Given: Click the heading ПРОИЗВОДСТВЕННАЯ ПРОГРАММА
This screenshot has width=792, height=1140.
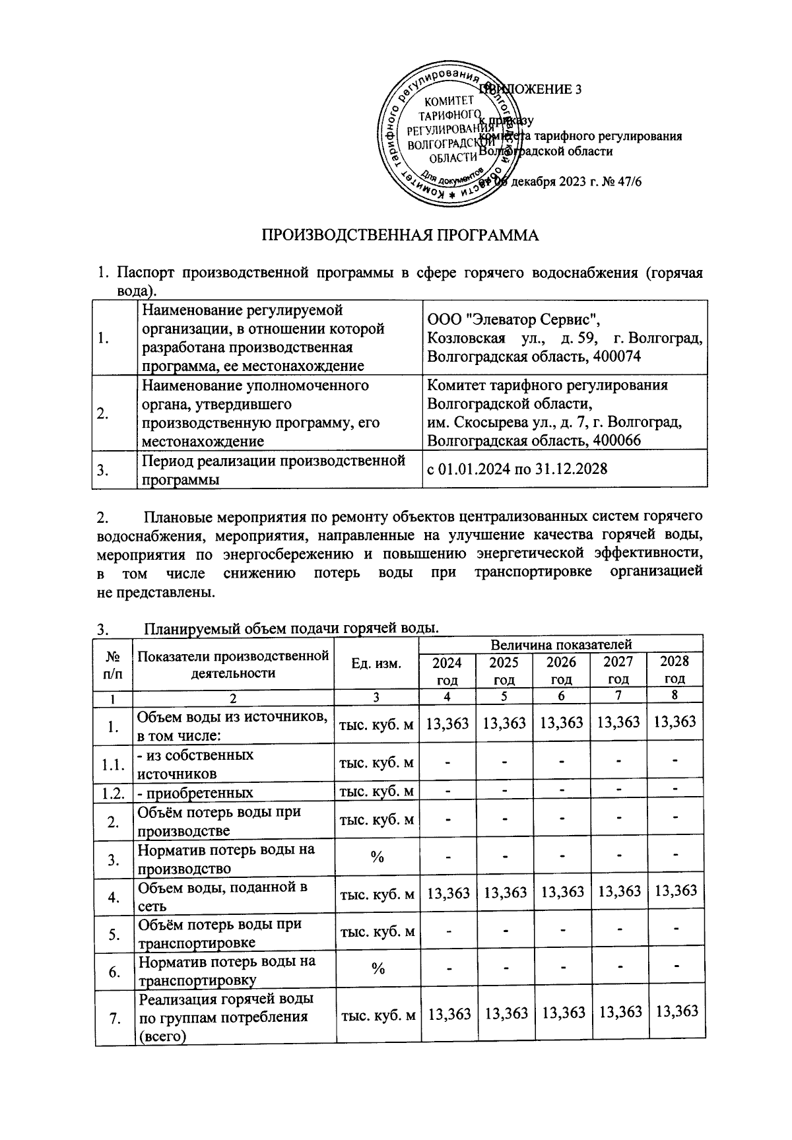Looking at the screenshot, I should (x=401, y=236).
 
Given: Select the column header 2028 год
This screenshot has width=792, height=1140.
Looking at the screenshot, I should (x=675, y=669).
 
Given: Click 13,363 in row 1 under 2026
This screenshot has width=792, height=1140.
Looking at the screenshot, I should (x=561, y=722).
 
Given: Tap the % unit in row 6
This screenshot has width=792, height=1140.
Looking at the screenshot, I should (x=377, y=968).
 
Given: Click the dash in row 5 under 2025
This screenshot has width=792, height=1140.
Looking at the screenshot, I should (x=504, y=931).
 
